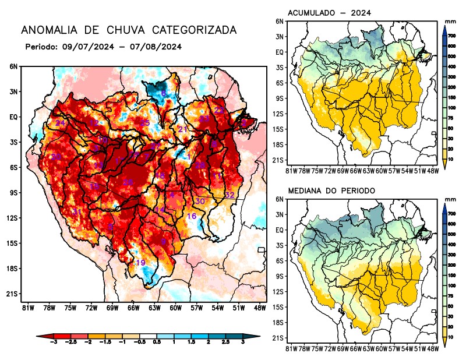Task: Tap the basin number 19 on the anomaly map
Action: click(x=140, y=263)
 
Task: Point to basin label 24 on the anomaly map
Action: click(x=60, y=123)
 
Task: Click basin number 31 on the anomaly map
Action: click(x=76, y=211)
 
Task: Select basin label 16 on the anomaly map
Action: click(x=191, y=217)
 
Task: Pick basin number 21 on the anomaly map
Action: click(x=182, y=129)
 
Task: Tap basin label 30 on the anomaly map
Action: click(x=200, y=201)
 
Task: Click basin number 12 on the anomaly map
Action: click(x=94, y=123)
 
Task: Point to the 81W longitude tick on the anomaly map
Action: click(x=27, y=307)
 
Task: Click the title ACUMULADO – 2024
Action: click(x=330, y=13)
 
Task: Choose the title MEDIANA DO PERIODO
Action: click(x=331, y=190)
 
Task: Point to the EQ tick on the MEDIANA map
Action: click(x=280, y=230)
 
